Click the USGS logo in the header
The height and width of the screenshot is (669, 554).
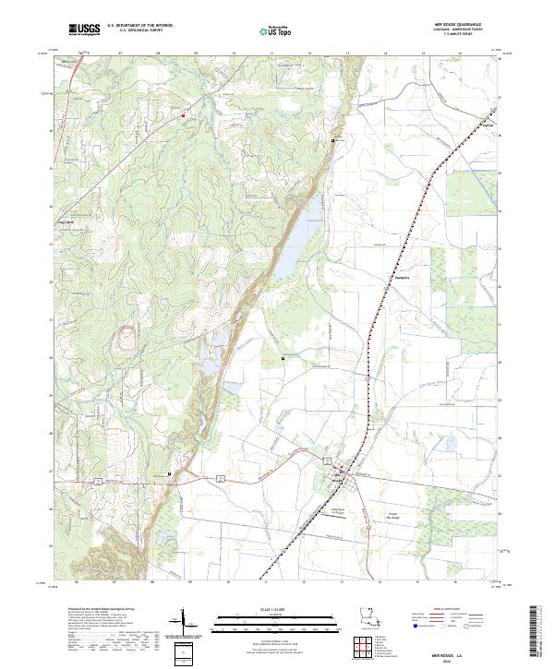tap(84, 30)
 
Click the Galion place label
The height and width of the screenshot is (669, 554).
tap(488, 124)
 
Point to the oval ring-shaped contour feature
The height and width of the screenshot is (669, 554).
tap(122, 340)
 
